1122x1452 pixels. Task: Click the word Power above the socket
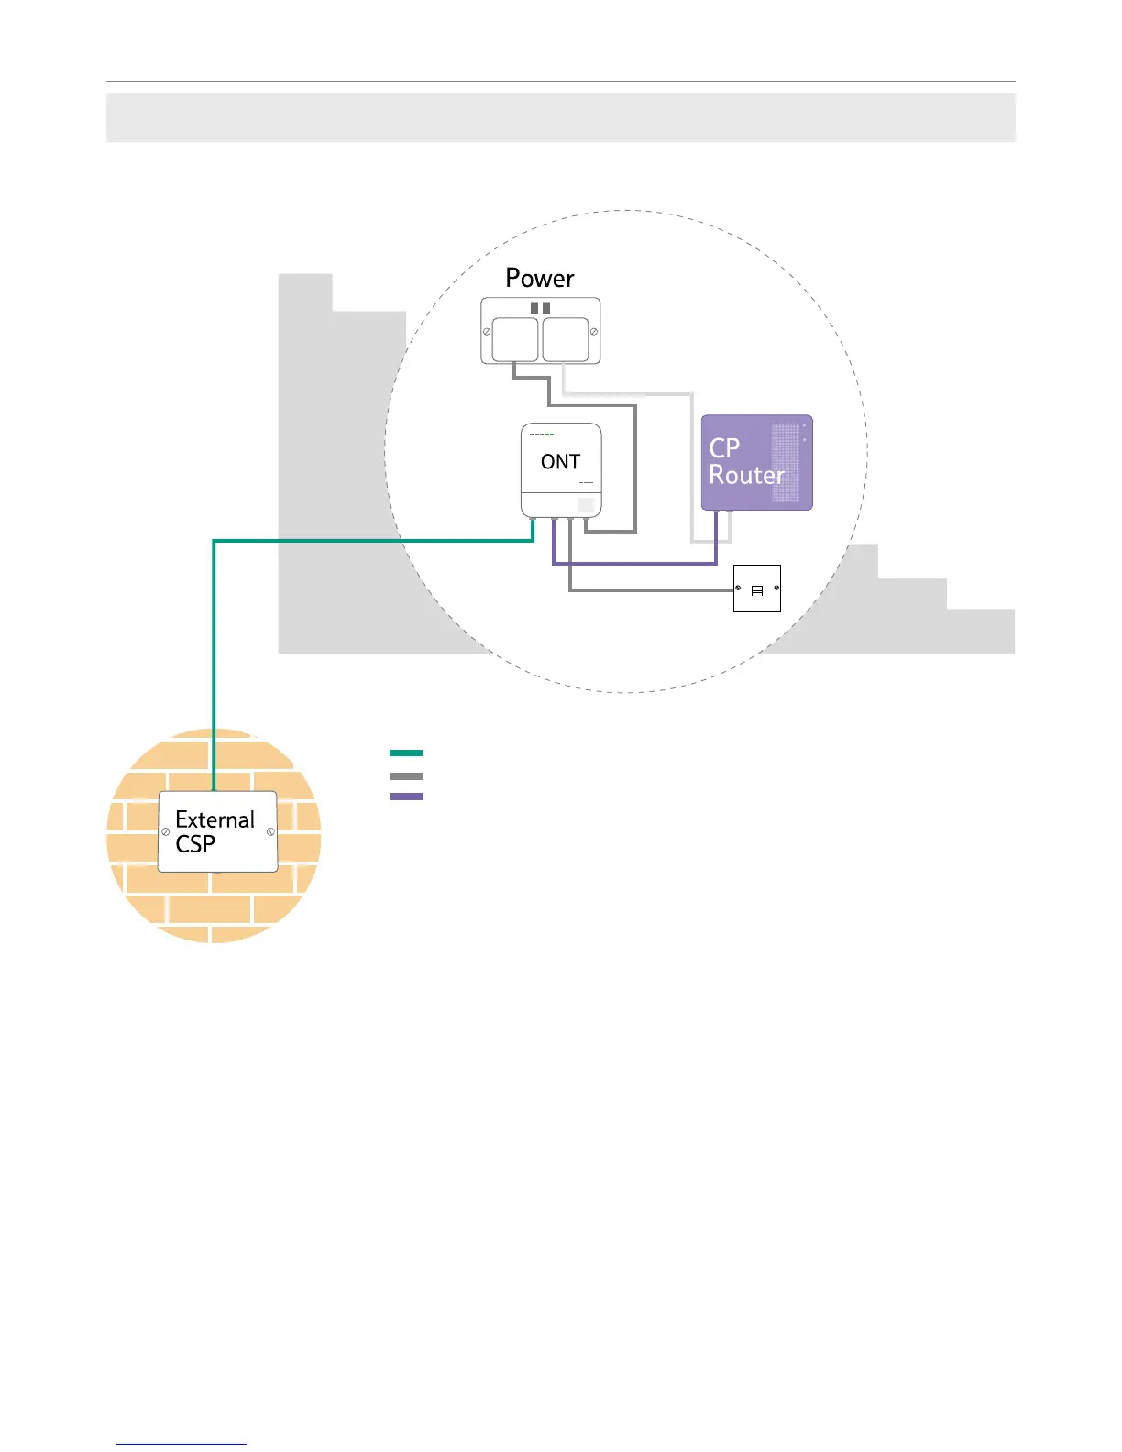pos(540,279)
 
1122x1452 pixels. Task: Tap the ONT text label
pos(560,462)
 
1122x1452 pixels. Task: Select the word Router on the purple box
pos(746,476)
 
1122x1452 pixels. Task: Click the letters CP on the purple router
pos(724,448)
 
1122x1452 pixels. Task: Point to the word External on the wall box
pos(214,819)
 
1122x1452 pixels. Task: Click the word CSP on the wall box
pos(195,844)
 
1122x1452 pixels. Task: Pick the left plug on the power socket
pos(515,340)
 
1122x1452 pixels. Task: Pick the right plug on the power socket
pos(566,340)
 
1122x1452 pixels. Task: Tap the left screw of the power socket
pos(487,331)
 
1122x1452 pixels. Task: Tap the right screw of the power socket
pos(594,331)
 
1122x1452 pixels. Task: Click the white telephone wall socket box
pos(757,588)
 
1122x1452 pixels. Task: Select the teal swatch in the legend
pos(406,753)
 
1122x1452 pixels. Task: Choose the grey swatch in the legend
pos(406,776)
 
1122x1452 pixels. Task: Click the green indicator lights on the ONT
pos(542,434)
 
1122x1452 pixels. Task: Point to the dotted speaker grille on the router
pos(785,462)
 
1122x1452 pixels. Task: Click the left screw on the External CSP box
pos(166,831)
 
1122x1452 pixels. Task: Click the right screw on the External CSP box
pos(270,831)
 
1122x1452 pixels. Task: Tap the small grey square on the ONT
pos(587,505)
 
